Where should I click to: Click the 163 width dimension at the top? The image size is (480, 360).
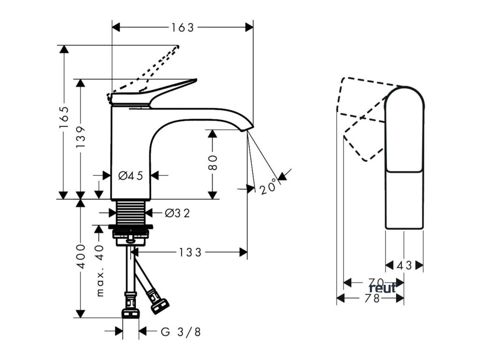[182, 28]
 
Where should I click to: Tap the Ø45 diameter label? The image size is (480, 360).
[130, 176]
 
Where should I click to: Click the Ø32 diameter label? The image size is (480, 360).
[177, 213]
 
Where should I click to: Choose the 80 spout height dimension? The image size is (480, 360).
[212, 163]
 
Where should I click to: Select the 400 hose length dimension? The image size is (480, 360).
[81, 256]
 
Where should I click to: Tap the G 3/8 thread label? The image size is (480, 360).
[181, 332]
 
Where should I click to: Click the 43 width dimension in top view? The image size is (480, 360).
[404, 266]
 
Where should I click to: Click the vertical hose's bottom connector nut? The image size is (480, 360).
[130, 313]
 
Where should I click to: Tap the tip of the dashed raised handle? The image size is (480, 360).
[178, 46]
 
